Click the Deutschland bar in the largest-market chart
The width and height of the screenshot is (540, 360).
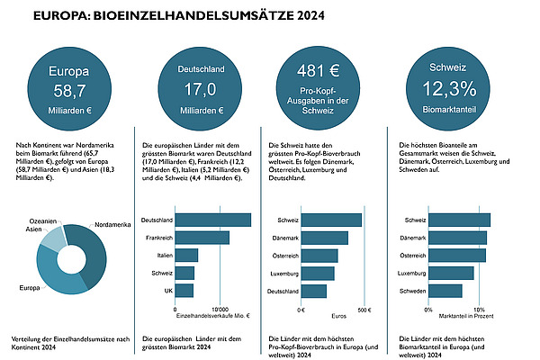click(212, 220)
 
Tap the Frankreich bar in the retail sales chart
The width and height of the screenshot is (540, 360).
click(202, 238)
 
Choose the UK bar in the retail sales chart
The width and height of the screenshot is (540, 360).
click(184, 290)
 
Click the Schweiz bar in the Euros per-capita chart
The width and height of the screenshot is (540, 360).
click(331, 220)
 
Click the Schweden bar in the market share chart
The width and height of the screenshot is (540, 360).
click(445, 290)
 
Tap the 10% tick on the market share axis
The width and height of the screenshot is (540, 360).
click(478, 310)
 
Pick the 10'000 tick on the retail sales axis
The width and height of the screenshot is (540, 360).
click(220, 310)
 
